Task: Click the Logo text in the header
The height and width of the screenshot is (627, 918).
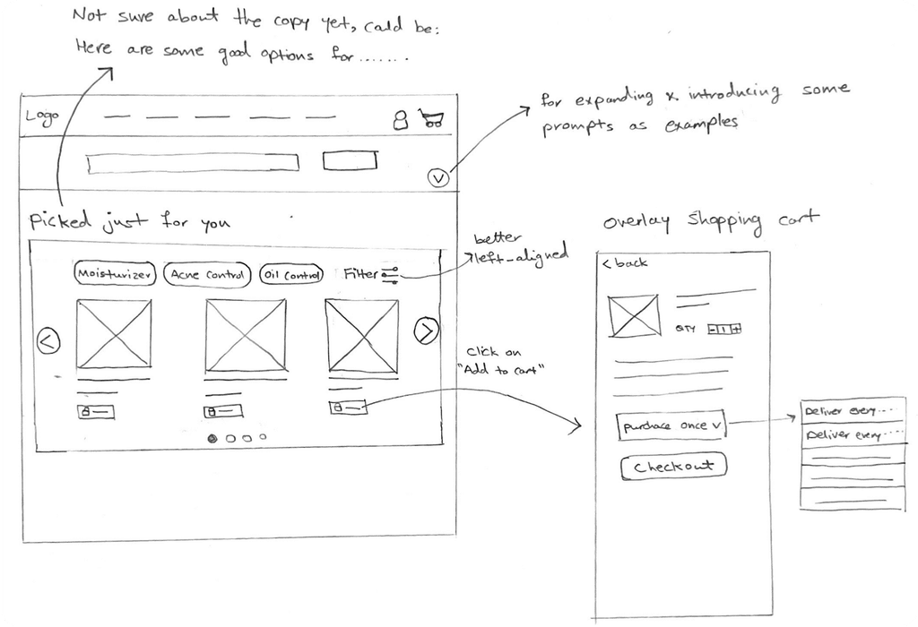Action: [x=42, y=117]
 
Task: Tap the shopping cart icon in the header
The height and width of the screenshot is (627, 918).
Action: [x=430, y=119]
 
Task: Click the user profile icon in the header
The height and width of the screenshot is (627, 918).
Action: [x=401, y=120]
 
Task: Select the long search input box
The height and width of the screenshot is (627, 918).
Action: [x=192, y=164]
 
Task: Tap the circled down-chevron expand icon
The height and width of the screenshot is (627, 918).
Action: [x=437, y=178]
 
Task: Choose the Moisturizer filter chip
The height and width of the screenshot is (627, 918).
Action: [x=115, y=275]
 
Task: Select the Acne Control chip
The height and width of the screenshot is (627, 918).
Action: [x=207, y=275]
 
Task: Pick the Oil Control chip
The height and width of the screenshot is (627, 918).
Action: [x=290, y=275]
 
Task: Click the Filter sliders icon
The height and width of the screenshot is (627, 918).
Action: [x=389, y=276]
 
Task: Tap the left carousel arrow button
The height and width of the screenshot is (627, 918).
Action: [x=48, y=341]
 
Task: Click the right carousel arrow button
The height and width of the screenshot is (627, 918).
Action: [x=426, y=331]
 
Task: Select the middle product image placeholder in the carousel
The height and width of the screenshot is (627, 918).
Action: [x=245, y=334]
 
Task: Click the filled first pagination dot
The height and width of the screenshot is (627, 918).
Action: [x=213, y=438]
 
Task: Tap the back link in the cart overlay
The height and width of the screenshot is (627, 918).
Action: [x=625, y=263]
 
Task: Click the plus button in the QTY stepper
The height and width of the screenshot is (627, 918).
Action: [x=736, y=329]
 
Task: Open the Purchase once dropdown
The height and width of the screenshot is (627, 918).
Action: [x=671, y=426]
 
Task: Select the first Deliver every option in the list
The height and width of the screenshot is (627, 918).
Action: [x=852, y=411]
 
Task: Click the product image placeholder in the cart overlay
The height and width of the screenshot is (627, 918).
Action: [x=634, y=316]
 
